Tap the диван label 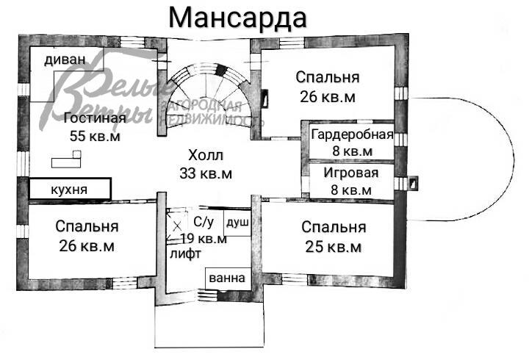click(x=65, y=60)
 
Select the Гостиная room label click(x=94, y=118)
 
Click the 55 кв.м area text click(x=94, y=136)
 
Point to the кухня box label click(x=69, y=190)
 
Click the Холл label click(x=205, y=156)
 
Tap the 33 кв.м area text click(x=206, y=173)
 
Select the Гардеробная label click(x=351, y=135)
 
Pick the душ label click(x=237, y=221)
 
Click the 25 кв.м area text click(x=334, y=246)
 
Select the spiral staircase click(x=210, y=99)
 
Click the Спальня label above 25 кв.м click(x=334, y=226)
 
